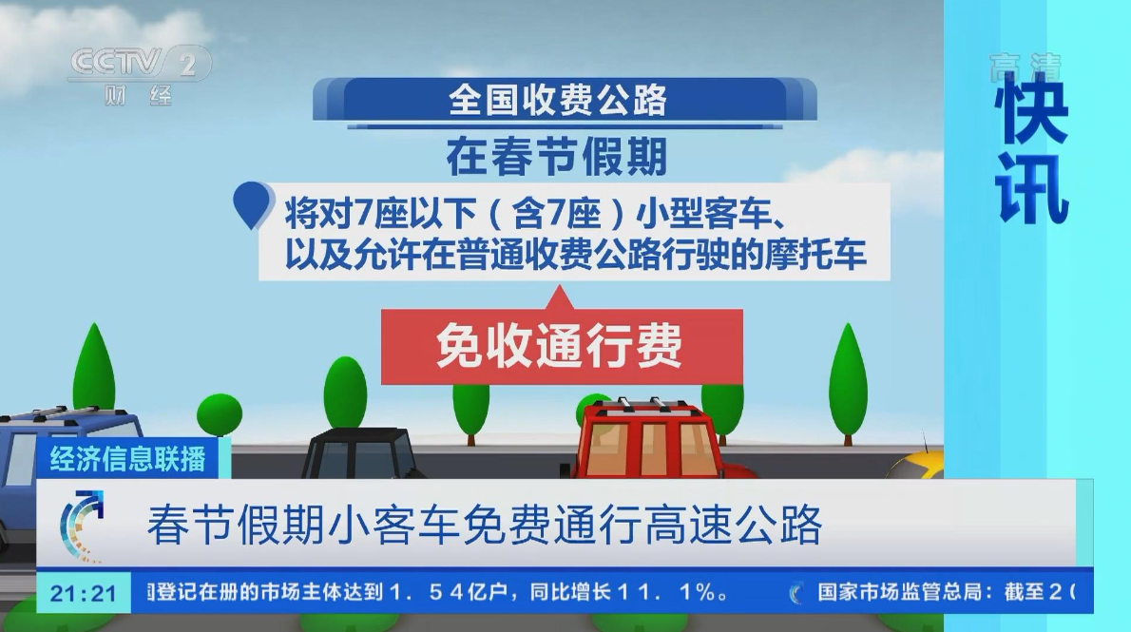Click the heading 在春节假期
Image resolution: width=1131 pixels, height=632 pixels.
click(x=556, y=157)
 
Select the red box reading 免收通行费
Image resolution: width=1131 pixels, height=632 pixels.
click(x=562, y=346)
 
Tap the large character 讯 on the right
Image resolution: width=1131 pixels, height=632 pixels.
click(x=1032, y=189)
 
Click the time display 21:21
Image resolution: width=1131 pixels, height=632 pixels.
click(x=84, y=594)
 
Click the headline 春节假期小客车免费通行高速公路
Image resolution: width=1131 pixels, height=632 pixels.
click(x=485, y=525)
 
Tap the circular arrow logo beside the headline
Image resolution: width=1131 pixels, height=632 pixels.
click(x=82, y=526)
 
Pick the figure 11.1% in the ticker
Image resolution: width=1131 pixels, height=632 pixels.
click(x=674, y=593)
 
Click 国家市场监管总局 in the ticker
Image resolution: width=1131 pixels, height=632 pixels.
click(x=899, y=593)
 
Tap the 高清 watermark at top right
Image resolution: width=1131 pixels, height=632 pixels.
click(x=1025, y=67)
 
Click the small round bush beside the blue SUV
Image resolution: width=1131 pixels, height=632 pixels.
click(x=220, y=415)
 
